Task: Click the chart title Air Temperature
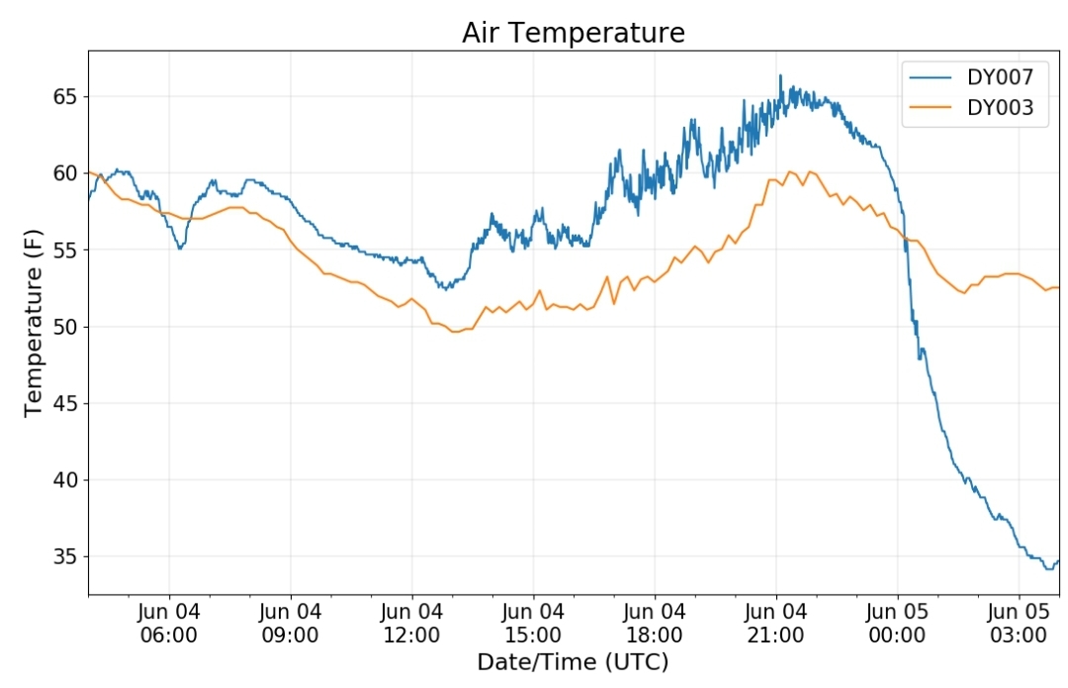[x=574, y=33]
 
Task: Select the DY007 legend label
[x=1000, y=77]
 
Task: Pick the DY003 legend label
[x=1000, y=108]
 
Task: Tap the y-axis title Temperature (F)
[x=34, y=323]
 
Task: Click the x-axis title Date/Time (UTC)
[x=573, y=662]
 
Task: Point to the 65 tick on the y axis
[x=65, y=97]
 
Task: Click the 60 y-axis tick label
[x=65, y=173]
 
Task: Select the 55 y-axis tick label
[x=65, y=250]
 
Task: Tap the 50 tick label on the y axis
[x=65, y=327]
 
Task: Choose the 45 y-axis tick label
[x=65, y=404]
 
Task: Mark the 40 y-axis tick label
[x=65, y=480]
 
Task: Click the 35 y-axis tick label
[x=65, y=557]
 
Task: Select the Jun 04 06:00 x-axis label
[x=169, y=624]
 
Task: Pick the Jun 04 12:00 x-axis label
[x=411, y=624]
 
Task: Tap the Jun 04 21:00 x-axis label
[x=776, y=624]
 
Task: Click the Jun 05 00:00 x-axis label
[x=897, y=624]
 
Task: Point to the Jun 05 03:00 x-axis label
[x=1019, y=624]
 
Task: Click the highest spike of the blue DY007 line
[x=780, y=75]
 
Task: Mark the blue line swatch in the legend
[x=930, y=78]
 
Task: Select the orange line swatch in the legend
[x=930, y=108]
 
